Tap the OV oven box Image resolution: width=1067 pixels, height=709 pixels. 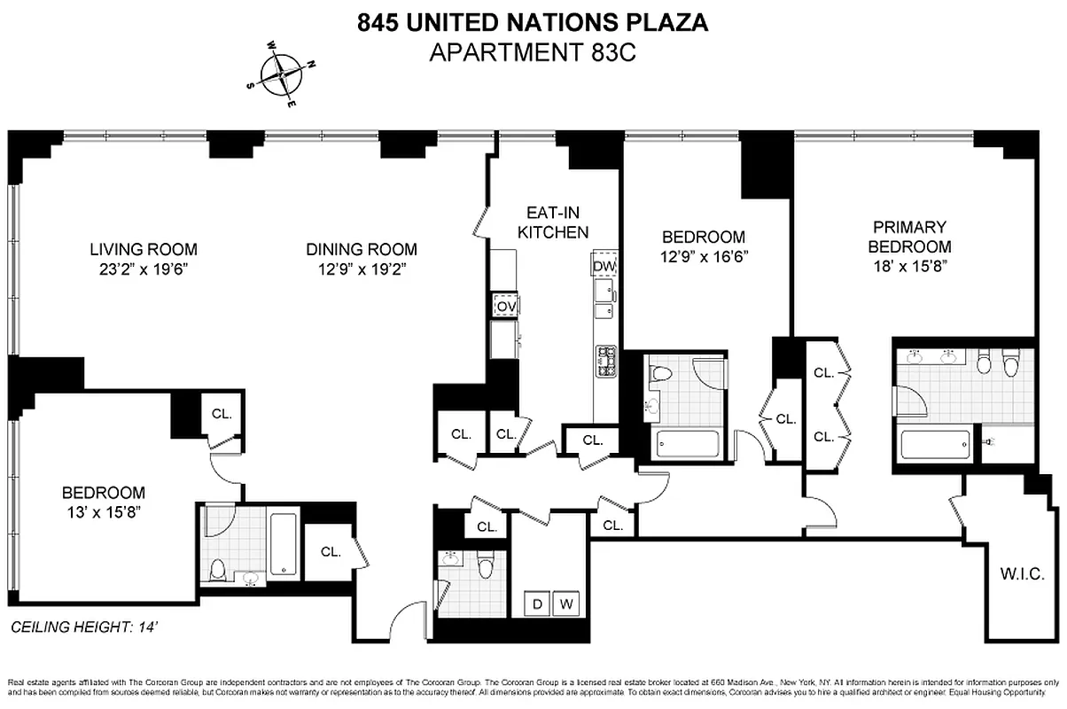505,306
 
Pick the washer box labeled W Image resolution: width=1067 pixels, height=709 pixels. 567,604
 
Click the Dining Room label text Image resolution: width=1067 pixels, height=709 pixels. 362,250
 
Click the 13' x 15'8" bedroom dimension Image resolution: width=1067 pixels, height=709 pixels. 103,511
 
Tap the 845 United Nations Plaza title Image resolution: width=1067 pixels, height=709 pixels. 533,23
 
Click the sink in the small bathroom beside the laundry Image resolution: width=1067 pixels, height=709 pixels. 452,559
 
